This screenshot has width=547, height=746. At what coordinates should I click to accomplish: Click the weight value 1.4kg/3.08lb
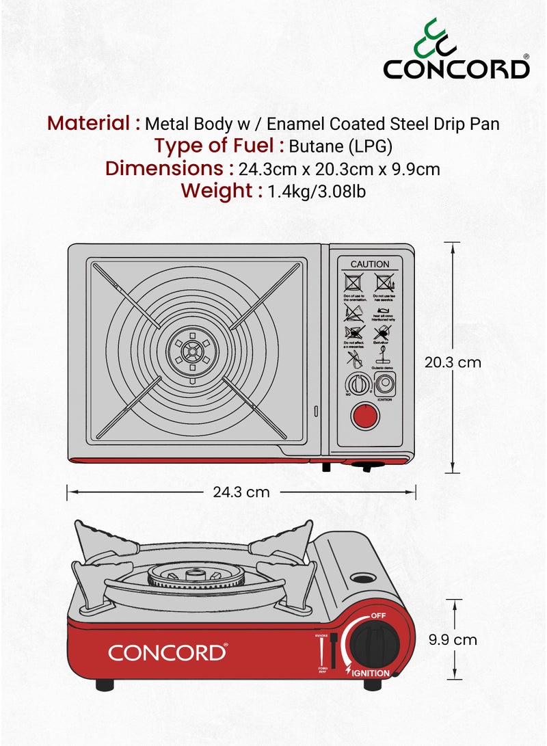[x=317, y=191]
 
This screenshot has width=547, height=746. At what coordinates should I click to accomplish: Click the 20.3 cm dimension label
[x=453, y=362]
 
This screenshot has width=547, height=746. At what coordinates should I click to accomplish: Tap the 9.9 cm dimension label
[x=452, y=640]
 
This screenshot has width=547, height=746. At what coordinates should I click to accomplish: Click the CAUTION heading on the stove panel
[x=369, y=264]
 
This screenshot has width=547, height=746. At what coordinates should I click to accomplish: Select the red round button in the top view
[x=364, y=414]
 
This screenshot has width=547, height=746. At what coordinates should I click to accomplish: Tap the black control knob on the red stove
[x=370, y=643]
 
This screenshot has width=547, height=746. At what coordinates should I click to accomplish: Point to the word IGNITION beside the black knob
[x=371, y=674]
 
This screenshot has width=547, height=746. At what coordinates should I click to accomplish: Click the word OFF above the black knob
[x=379, y=616]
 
